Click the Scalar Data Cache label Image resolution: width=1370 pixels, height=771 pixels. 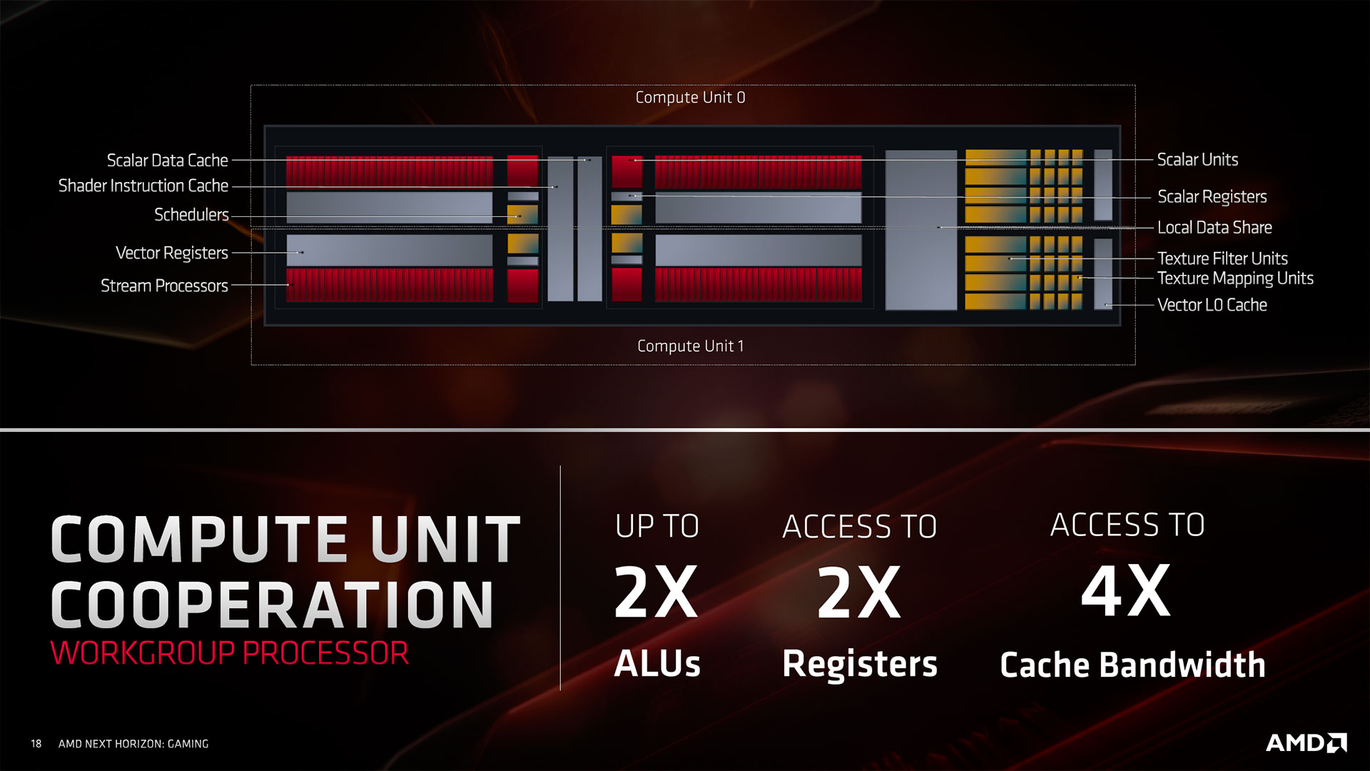[x=168, y=161]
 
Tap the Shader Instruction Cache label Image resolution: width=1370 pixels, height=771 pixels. [x=143, y=186]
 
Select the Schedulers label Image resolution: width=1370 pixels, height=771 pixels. [x=191, y=215]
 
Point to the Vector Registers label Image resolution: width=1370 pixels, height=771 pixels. [x=172, y=253]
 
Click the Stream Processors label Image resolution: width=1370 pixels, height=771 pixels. [x=164, y=286]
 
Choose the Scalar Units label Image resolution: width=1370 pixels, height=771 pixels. [x=1197, y=160]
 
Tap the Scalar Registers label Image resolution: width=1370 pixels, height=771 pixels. [x=1212, y=197]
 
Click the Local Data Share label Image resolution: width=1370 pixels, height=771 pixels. [x=1214, y=228]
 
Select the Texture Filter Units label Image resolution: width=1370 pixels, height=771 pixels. [x=1222, y=258]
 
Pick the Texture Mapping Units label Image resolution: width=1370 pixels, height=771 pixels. [x=1235, y=278]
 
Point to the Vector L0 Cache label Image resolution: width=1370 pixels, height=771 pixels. [x=1212, y=306]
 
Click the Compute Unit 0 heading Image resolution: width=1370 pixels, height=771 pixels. [x=690, y=98]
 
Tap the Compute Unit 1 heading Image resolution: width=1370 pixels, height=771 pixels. [x=690, y=346]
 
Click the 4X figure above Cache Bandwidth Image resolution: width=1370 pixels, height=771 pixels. [x=1125, y=591]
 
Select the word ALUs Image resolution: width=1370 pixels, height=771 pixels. [x=657, y=664]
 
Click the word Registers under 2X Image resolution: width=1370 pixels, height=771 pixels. [x=860, y=664]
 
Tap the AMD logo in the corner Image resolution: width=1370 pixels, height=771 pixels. [x=1306, y=743]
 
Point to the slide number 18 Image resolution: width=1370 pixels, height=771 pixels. [x=36, y=744]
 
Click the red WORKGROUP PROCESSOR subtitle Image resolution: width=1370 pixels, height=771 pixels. [x=230, y=653]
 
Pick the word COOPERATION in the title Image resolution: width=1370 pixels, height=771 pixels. [x=272, y=604]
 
